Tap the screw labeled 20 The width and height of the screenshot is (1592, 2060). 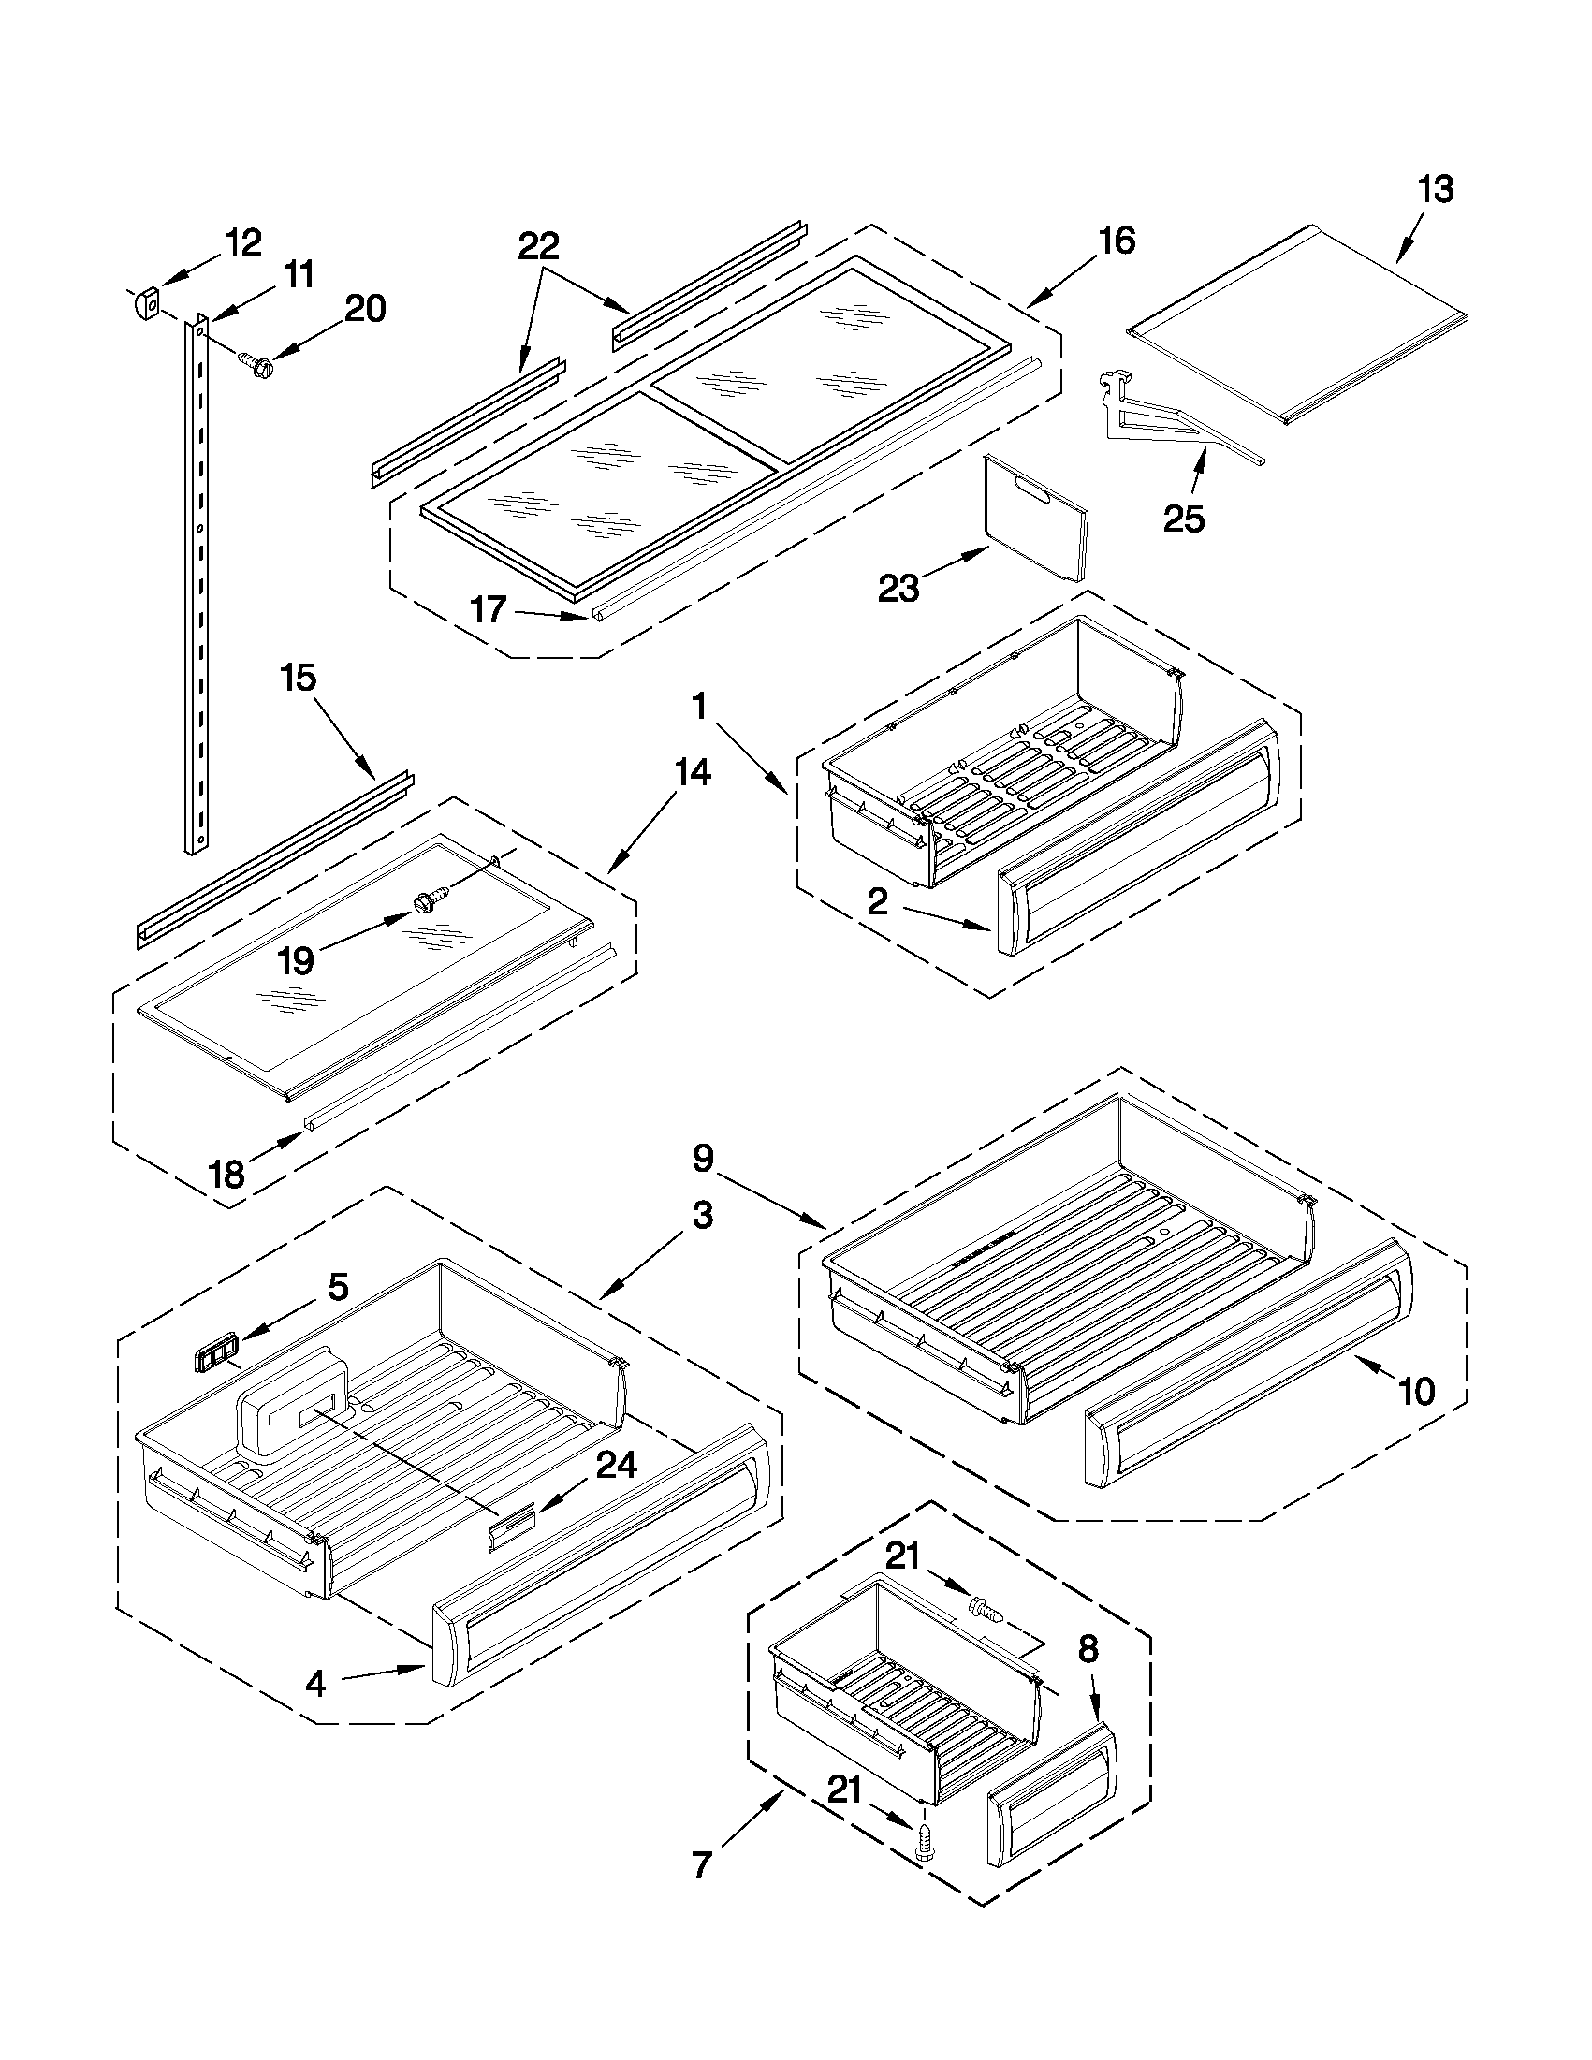coord(252,363)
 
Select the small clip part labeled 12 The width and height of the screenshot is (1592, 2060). coord(143,305)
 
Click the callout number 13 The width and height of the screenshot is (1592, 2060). coord(1436,190)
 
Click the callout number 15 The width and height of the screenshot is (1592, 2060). coord(298,678)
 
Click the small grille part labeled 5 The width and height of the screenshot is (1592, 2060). coord(214,1356)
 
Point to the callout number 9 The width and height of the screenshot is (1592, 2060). coord(703,1159)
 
